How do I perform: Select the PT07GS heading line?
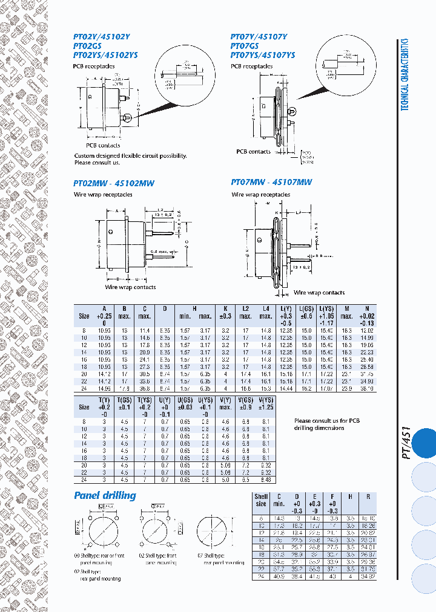coord(245,45)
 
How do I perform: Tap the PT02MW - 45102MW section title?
coord(113,183)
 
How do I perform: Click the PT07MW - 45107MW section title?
coord(271,182)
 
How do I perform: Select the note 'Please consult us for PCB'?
coord(327,421)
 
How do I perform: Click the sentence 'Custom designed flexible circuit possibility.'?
coord(130,156)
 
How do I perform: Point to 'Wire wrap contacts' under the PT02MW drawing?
coord(131,287)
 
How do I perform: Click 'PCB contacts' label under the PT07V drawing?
coord(253,152)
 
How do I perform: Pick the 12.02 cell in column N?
coord(366,330)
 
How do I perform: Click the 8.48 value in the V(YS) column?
coord(265,480)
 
